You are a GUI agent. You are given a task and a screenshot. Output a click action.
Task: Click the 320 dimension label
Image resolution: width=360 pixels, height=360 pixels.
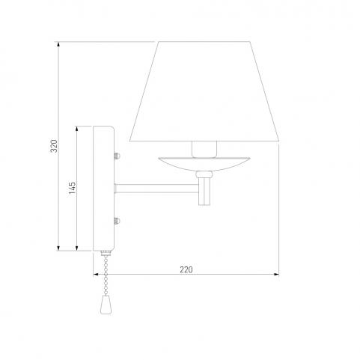[x=54, y=146]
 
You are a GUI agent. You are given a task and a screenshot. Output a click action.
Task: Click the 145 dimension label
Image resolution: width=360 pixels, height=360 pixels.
[x=72, y=188]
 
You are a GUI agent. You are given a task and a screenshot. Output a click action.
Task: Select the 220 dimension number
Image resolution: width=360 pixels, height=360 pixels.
[x=186, y=269]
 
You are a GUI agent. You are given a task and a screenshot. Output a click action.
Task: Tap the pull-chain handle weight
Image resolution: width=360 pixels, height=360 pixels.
[x=105, y=305]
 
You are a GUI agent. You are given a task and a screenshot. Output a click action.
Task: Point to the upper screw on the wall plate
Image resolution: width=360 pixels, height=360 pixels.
[x=117, y=156]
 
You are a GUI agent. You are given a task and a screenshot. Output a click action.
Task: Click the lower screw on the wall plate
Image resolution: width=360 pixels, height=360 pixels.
[x=117, y=221]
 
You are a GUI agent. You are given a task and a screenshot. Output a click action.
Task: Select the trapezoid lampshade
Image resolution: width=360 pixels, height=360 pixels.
[x=204, y=91]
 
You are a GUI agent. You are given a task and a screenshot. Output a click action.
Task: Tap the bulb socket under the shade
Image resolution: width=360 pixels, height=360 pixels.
[x=204, y=150]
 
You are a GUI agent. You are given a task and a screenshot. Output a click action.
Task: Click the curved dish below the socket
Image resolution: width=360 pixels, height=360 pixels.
[x=204, y=164]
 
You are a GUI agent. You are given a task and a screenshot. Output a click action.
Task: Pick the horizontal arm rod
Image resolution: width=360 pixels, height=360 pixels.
[x=156, y=189]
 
